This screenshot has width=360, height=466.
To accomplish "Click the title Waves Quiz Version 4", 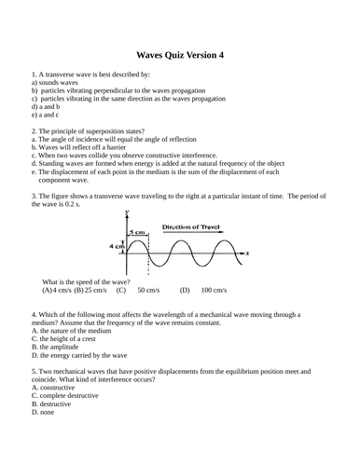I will click(x=180, y=55).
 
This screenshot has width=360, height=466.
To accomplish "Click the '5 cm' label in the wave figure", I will click(x=137, y=231).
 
